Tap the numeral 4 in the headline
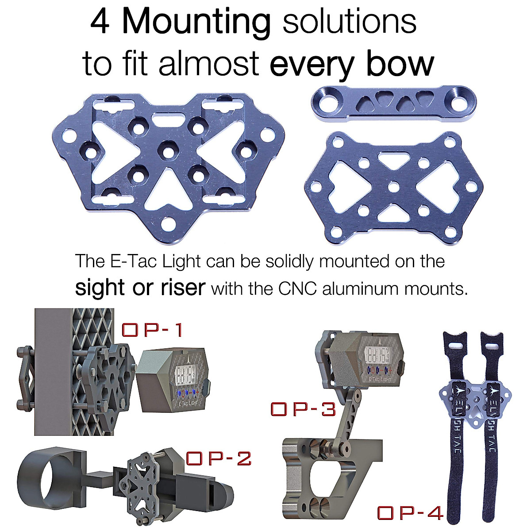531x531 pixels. tap(100, 22)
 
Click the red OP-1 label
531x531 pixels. tap(152, 330)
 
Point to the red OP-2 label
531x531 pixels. tap(219, 458)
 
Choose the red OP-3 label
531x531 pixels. tap(303, 409)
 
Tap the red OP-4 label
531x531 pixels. tap(410, 513)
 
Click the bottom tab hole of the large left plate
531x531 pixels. tap(167, 223)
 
